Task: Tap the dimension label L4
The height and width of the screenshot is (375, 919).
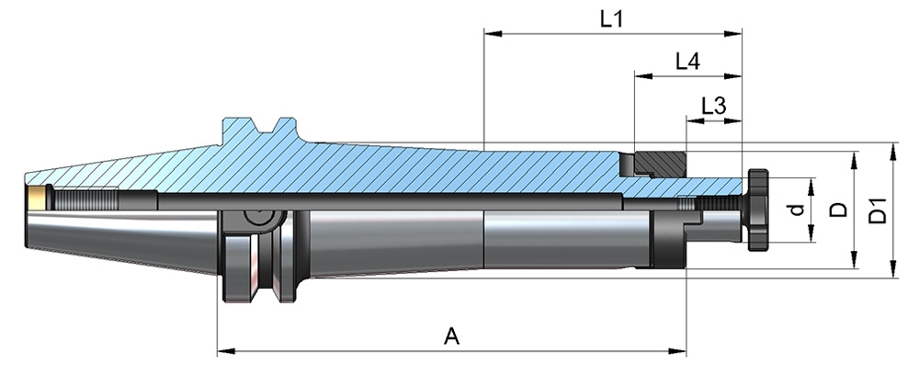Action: [687, 62]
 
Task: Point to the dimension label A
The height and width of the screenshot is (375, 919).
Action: [451, 337]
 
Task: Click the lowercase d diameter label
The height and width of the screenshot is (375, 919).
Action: [799, 210]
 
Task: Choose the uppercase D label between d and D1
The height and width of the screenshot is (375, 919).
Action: [837, 210]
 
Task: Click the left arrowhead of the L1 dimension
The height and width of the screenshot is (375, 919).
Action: [490, 35]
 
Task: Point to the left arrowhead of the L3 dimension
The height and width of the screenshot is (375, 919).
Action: [690, 120]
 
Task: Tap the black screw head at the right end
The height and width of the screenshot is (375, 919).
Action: [759, 210]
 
